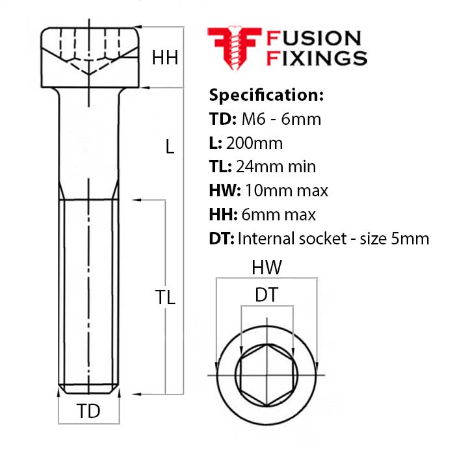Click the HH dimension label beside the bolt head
[165, 57]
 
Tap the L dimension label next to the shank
[170, 146]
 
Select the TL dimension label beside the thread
[165, 297]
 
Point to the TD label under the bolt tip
[88, 411]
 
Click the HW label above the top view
[266, 267]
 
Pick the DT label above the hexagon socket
[266, 295]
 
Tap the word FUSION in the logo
[314, 38]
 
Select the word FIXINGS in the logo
[317, 58]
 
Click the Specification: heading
[266, 95]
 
